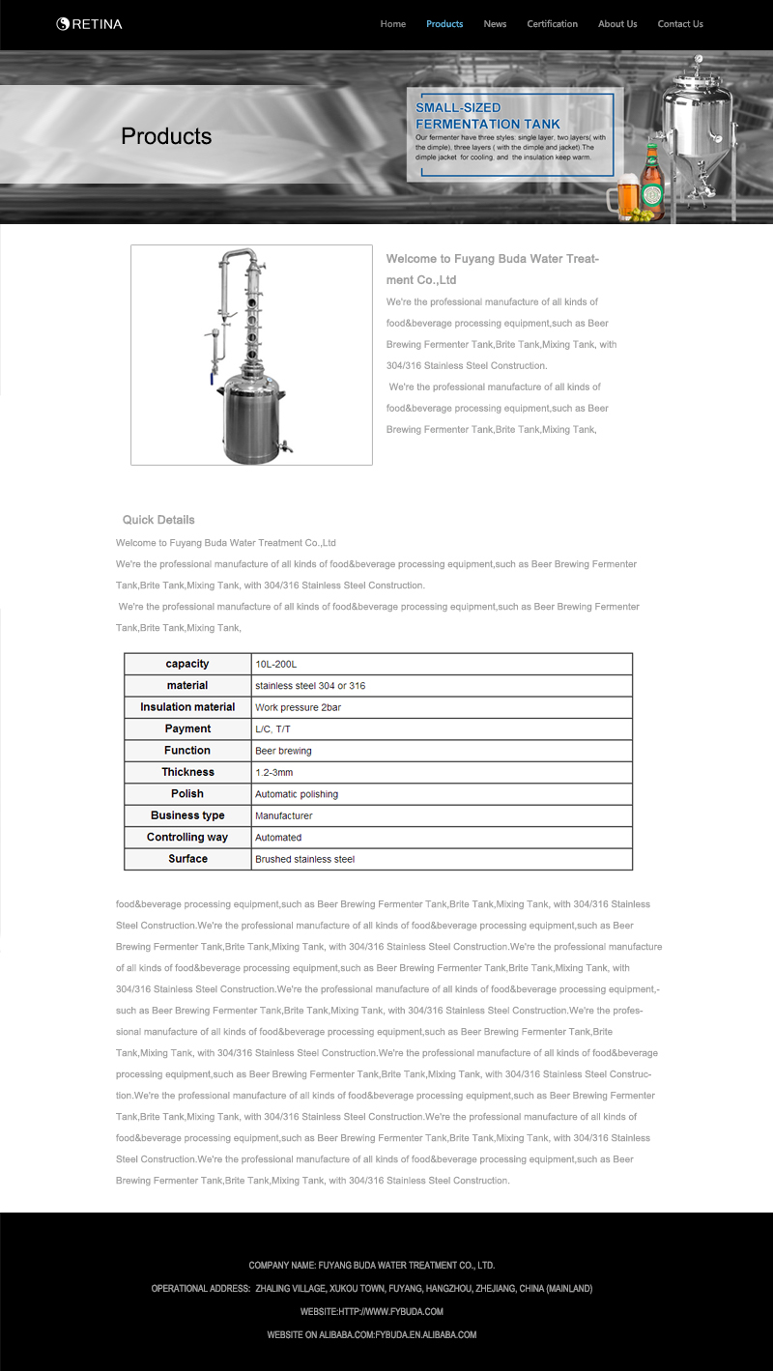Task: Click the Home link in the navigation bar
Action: pyautogui.click(x=392, y=24)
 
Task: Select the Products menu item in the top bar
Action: pyautogui.click(x=444, y=24)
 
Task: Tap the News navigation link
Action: pyautogui.click(x=495, y=24)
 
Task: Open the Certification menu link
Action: pyautogui.click(x=552, y=24)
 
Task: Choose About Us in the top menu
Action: pyautogui.click(x=617, y=24)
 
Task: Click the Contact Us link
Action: pyautogui.click(x=680, y=24)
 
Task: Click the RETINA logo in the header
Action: pyautogui.click(x=89, y=24)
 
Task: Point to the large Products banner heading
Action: pyautogui.click(x=166, y=136)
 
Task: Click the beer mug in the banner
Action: pyautogui.click(x=623, y=196)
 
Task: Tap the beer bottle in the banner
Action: pyautogui.click(x=652, y=182)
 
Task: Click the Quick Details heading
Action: pyautogui.click(x=158, y=520)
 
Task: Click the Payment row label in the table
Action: pyautogui.click(x=187, y=728)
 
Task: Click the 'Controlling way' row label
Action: pyautogui.click(x=187, y=837)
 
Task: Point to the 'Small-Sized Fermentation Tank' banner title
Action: pyautogui.click(x=488, y=116)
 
